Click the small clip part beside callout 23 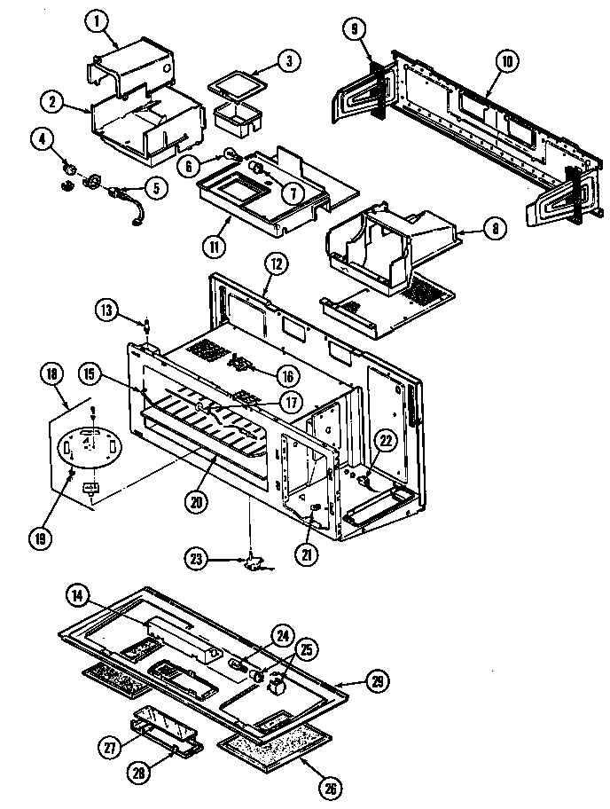(x=254, y=560)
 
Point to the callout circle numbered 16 (x=286, y=375)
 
